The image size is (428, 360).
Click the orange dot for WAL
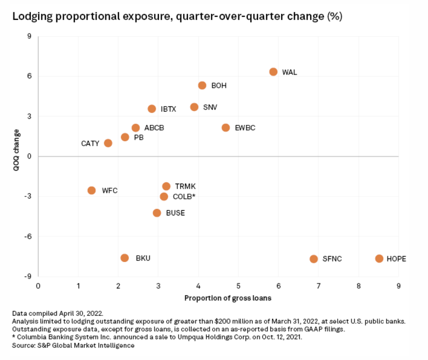point(273,72)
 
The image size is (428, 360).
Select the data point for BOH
point(202,85)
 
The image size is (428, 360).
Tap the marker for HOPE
point(379,259)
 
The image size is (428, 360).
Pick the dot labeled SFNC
point(314,259)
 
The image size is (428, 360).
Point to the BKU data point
point(125,258)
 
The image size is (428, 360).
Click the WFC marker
point(91,190)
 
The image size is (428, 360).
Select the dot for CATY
point(108,143)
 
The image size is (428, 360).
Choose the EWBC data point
point(226,128)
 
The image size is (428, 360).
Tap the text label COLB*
point(184,197)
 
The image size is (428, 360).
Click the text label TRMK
point(185,186)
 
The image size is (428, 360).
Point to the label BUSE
point(175,213)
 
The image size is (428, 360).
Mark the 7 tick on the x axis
point(318,286)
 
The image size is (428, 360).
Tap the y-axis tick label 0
point(29,157)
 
